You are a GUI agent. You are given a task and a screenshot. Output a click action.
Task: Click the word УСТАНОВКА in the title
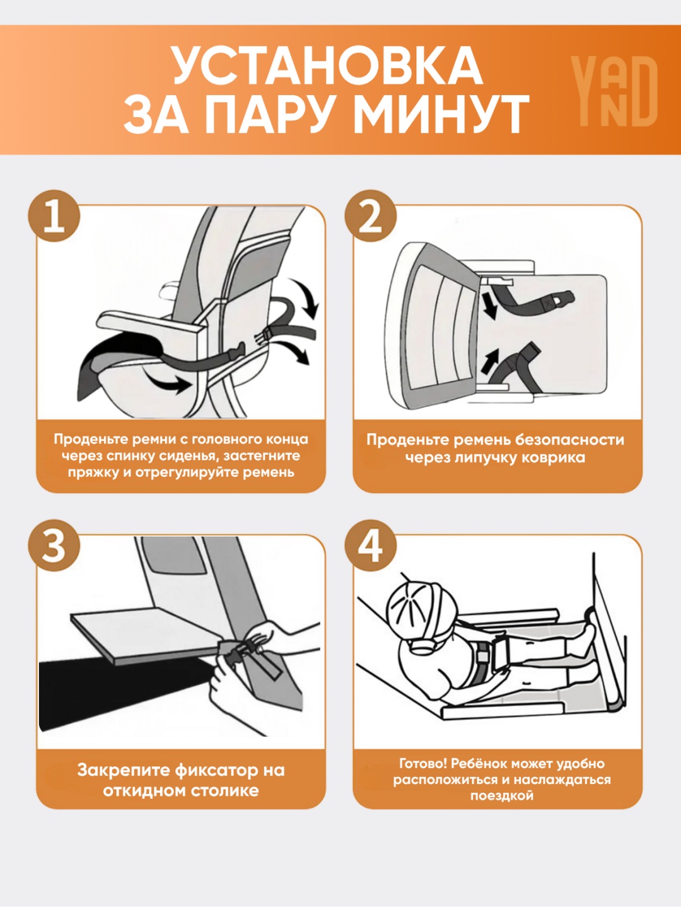point(327,66)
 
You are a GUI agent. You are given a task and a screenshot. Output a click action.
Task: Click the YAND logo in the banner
point(614,91)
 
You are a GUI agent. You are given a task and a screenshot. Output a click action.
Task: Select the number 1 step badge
point(54,216)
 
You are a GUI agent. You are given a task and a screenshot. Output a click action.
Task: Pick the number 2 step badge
point(371,216)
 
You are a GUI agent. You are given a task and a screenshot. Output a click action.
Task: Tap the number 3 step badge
point(54,546)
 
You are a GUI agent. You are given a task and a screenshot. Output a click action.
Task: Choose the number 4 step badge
point(371,546)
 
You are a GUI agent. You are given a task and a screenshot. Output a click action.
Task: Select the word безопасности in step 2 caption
point(569,440)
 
